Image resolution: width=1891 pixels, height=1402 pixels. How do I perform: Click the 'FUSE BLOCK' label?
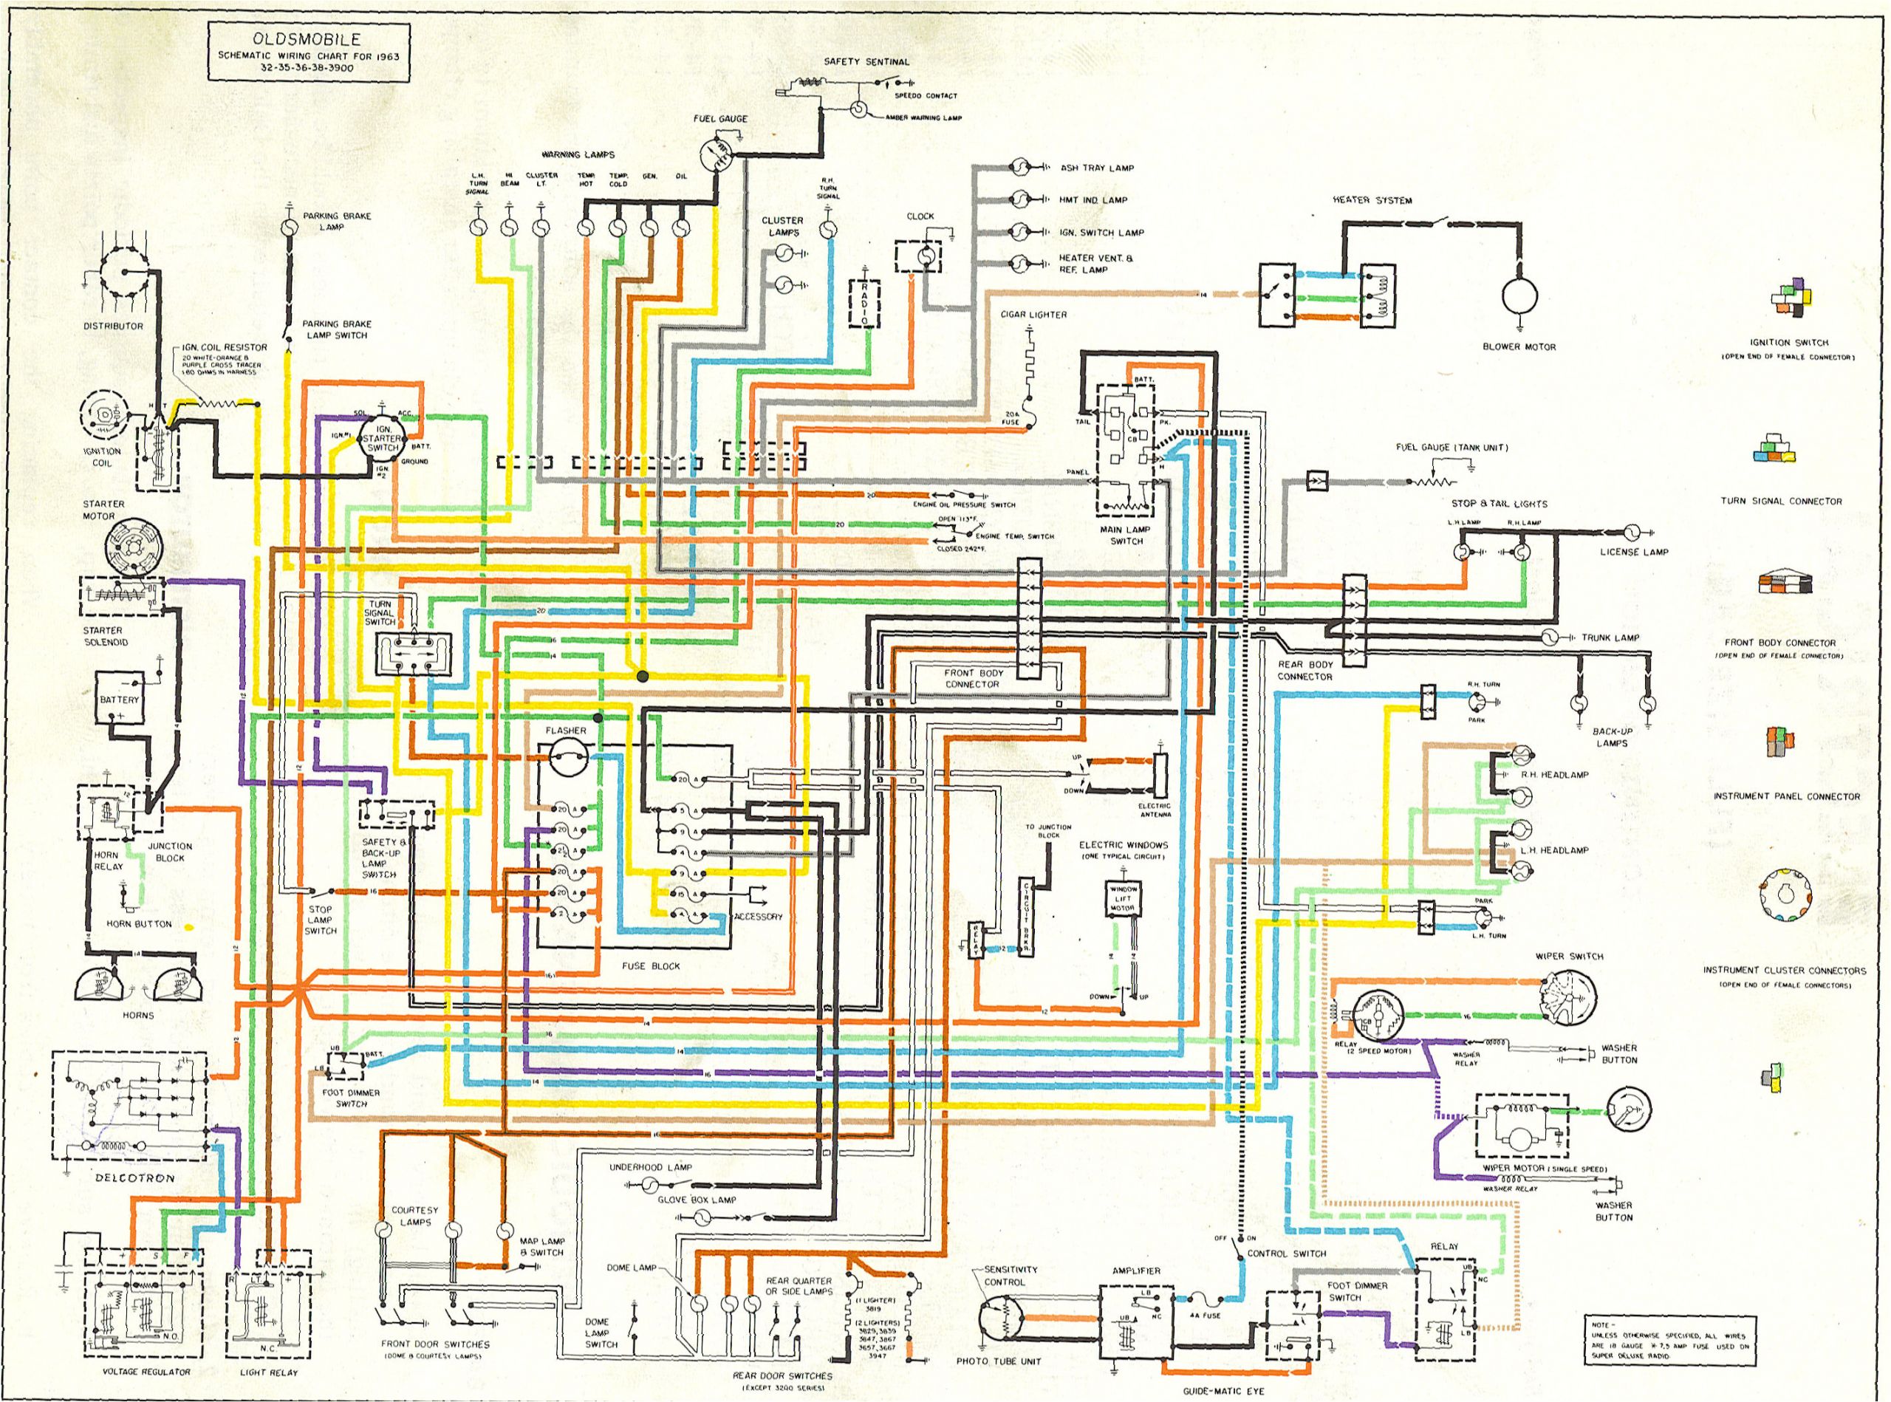(x=651, y=965)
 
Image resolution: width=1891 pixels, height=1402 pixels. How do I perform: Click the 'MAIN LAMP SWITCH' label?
(x=1126, y=535)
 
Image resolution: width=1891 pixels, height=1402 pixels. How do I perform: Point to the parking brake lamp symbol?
(x=290, y=228)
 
